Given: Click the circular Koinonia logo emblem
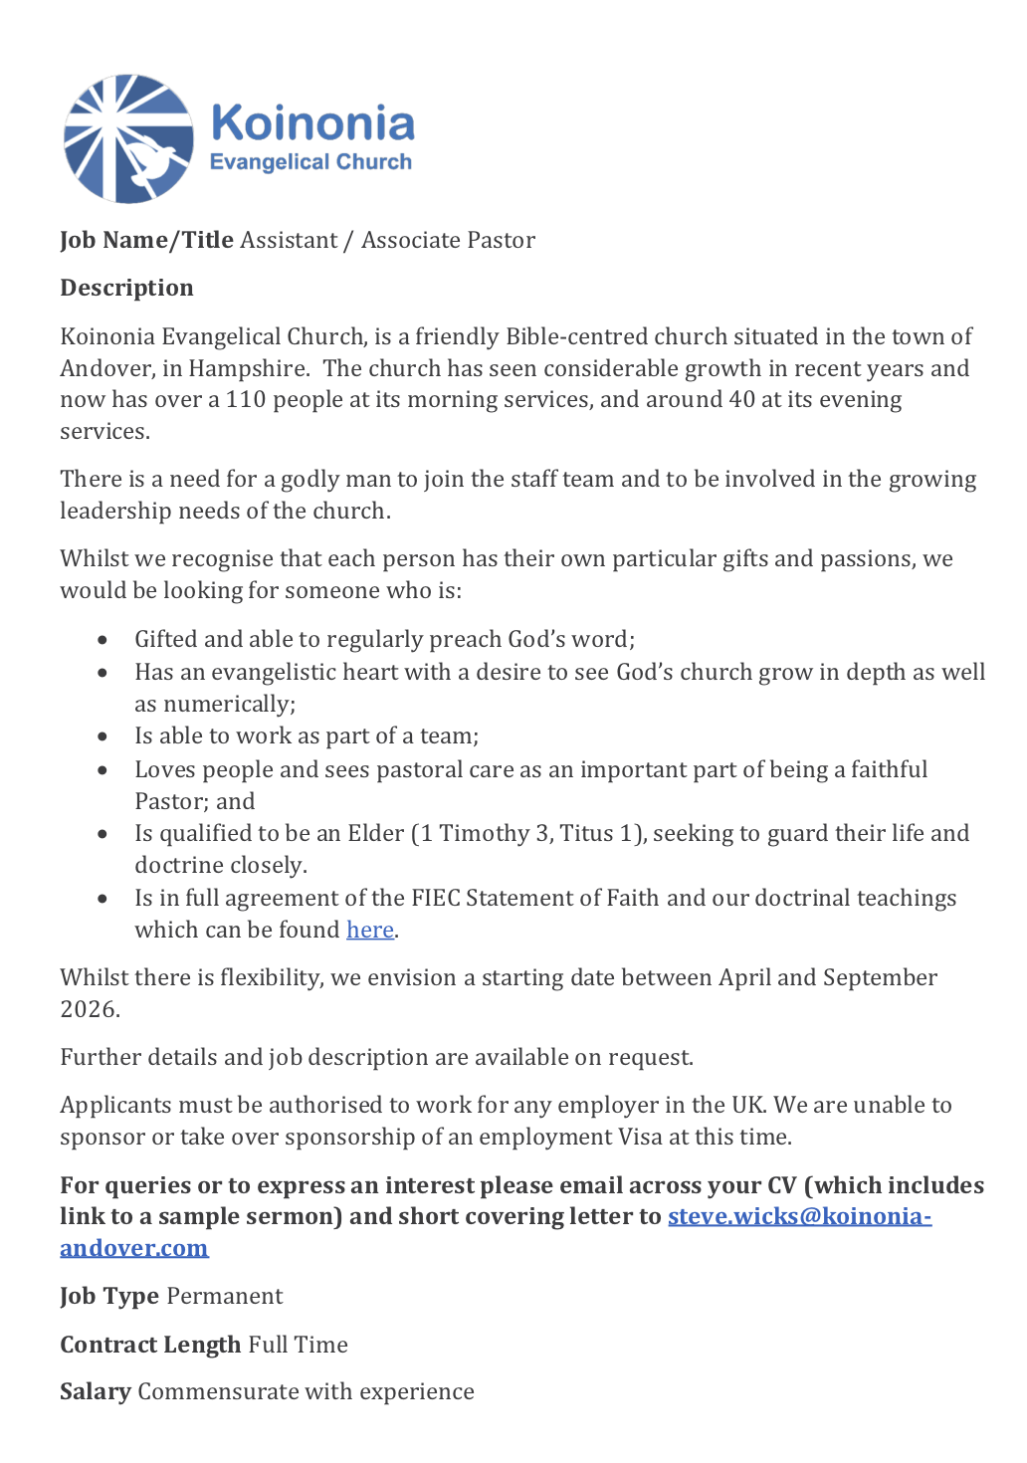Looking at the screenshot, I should (128, 138).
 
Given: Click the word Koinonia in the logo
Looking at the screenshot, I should (312, 123).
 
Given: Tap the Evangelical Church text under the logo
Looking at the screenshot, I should (310, 162).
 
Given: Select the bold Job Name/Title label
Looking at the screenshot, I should (146, 240).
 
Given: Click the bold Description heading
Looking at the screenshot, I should (126, 288).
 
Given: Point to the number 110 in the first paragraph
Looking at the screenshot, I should (246, 399).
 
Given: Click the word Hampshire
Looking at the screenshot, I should (248, 368).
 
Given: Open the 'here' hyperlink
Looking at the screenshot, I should (369, 930).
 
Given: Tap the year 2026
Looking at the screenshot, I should (89, 1009).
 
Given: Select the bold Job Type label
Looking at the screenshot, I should (109, 1296).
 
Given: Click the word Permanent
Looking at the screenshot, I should (225, 1296).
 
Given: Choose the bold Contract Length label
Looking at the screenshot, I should (150, 1345).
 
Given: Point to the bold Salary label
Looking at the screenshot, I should (96, 1391).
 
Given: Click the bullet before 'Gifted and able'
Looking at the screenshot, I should (103, 640).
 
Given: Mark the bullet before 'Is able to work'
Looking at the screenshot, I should (103, 736).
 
